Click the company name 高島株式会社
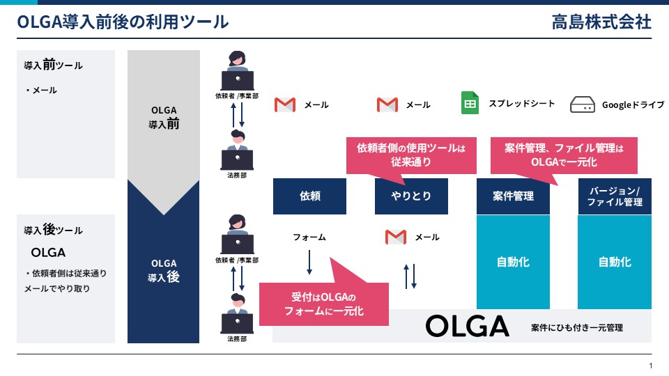pyautogui.click(x=601, y=22)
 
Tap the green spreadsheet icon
pyautogui.click(x=470, y=103)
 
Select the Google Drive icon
pyautogui.click(x=583, y=104)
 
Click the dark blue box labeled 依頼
pyautogui.click(x=309, y=196)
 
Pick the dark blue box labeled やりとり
pyautogui.click(x=411, y=196)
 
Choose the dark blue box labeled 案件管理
pyautogui.click(x=513, y=196)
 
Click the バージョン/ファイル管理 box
pyautogui.click(x=615, y=196)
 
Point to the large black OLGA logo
pyautogui.click(x=467, y=326)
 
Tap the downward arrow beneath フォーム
pyautogui.click(x=309, y=262)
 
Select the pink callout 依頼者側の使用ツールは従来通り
pyautogui.click(x=411, y=155)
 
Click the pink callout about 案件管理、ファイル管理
pyautogui.click(x=564, y=158)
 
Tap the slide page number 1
pyautogui.click(x=651, y=366)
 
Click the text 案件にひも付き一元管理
pyautogui.click(x=577, y=327)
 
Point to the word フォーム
pyautogui.click(x=309, y=237)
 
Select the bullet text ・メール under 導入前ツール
pyautogui.click(x=41, y=90)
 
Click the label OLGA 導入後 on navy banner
pyautogui.click(x=163, y=270)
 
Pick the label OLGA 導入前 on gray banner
pyautogui.click(x=163, y=117)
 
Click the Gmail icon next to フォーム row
pyautogui.click(x=396, y=237)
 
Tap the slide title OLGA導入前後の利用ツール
pyautogui.click(x=123, y=22)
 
